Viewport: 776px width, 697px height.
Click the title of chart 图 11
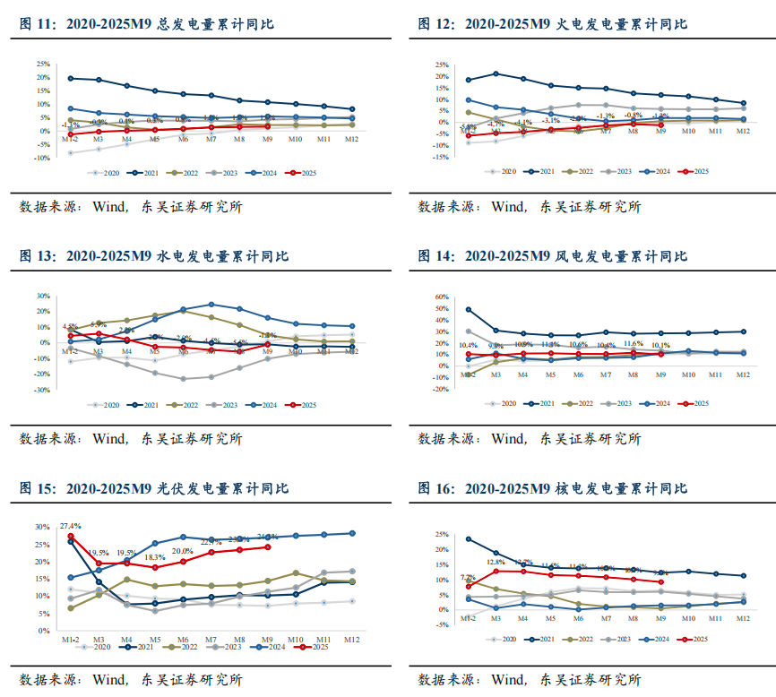click(147, 24)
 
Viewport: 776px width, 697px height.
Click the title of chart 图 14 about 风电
click(552, 256)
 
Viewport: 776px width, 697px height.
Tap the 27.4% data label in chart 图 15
click(71, 526)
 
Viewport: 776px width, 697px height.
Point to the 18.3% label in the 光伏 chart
click(154, 556)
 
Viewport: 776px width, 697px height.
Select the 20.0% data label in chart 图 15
click(183, 551)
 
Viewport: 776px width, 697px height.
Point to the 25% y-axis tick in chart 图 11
click(42, 65)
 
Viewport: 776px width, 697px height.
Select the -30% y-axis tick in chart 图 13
click(42, 391)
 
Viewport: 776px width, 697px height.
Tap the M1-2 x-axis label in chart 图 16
click(469, 618)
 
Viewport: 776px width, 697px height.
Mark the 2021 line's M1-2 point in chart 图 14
click(469, 310)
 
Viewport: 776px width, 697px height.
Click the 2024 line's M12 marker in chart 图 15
click(351, 533)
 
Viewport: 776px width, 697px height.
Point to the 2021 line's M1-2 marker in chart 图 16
click(469, 539)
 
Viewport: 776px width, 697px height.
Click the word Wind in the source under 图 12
click(507, 207)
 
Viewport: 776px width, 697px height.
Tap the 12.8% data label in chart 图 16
click(496, 563)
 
